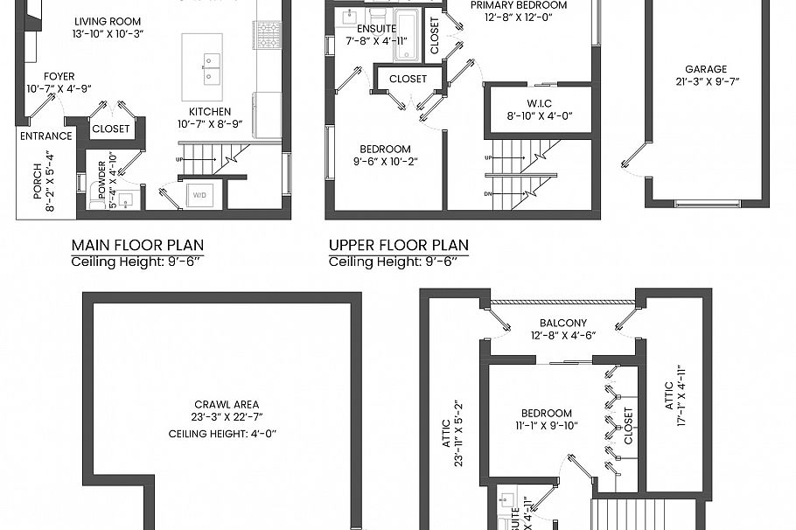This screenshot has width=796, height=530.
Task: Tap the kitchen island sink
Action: coord(210,68)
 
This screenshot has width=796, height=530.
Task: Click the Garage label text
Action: coord(706,69)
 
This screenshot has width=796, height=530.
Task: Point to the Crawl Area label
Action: coord(226,404)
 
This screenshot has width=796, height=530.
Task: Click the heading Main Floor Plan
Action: coord(137,245)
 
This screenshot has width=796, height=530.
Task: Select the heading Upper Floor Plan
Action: coord(398,245)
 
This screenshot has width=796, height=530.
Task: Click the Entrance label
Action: coord(45,136)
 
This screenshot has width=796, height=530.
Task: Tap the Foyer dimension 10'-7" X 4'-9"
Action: coord(59,88)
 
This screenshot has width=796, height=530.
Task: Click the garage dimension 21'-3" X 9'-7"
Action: coord(706,83)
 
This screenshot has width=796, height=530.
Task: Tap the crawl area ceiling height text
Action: coord(226,433)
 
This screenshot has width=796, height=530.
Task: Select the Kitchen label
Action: coord(210,111)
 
